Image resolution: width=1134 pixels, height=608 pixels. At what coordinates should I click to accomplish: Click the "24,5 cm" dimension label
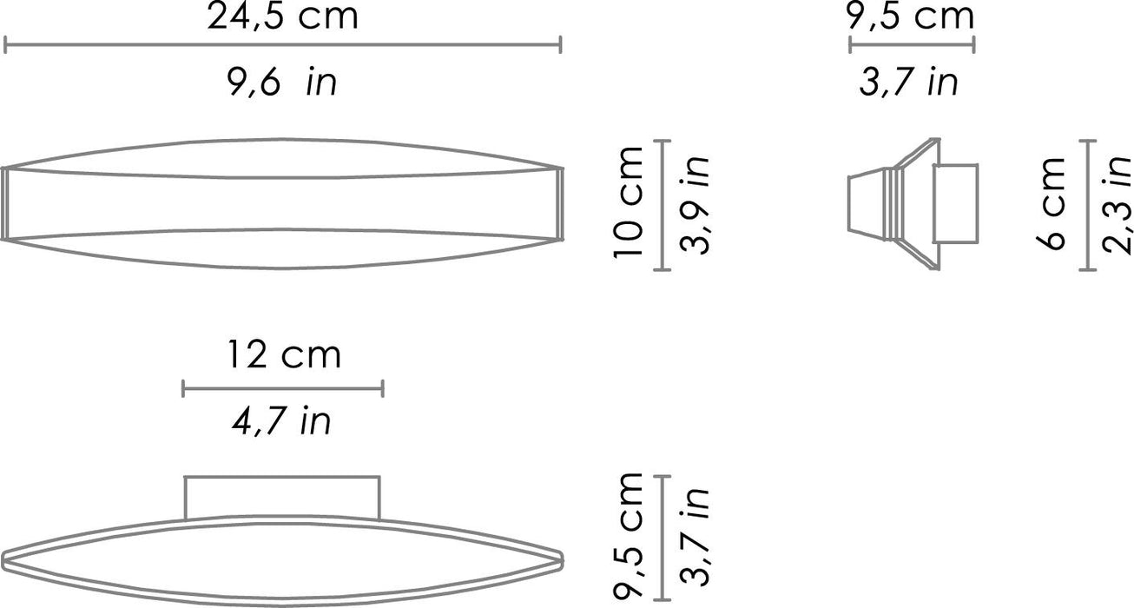click(282, 17)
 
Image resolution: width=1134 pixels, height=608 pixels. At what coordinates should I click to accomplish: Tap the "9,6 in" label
click(281, 83)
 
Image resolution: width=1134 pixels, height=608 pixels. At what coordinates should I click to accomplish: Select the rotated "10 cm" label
click(628, 202)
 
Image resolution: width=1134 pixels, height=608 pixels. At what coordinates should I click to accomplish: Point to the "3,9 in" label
click(694, 203)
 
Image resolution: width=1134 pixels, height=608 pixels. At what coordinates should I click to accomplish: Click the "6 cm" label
click(1051, 203)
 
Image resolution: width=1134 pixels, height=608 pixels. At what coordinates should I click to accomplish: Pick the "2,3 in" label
click(1117, 203)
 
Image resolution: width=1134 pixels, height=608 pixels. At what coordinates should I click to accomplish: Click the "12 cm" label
click(284, 355)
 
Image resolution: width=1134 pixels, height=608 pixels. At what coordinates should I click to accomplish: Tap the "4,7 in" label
click(281, 422)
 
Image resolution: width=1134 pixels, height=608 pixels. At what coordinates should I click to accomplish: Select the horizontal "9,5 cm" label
click(911, 17)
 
